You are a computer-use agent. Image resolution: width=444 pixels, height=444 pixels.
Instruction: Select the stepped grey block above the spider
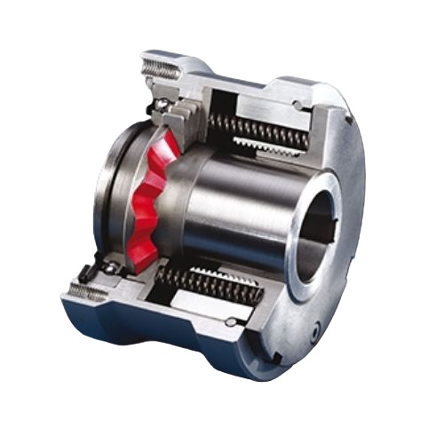click(191, 110)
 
